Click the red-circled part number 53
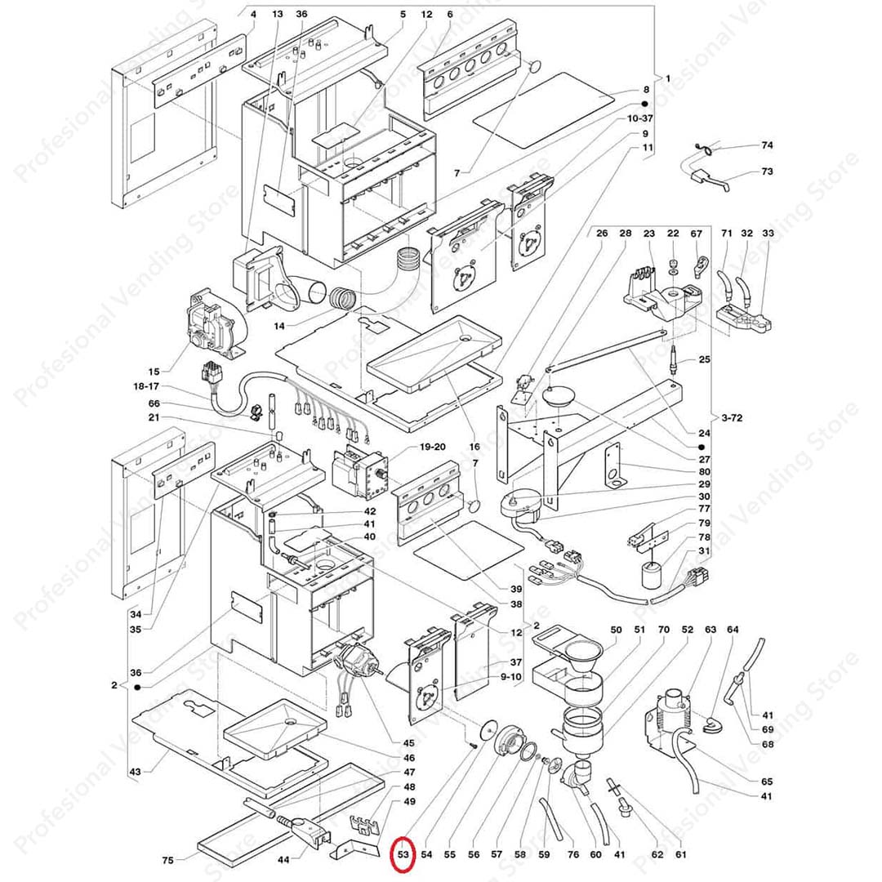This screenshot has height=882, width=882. coord(403,854)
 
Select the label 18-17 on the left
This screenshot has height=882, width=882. coord(147,387)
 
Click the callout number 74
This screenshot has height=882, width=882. coord(766,145)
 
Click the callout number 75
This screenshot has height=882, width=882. coord(167,860)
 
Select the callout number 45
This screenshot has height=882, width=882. coord(408,742)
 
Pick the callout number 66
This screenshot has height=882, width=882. coord(154,403)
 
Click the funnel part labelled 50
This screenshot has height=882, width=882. coord(584,653)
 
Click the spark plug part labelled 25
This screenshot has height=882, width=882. coord(675,359)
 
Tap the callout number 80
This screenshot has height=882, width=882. coord(703,471)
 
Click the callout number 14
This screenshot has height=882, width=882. coord(279,326)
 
